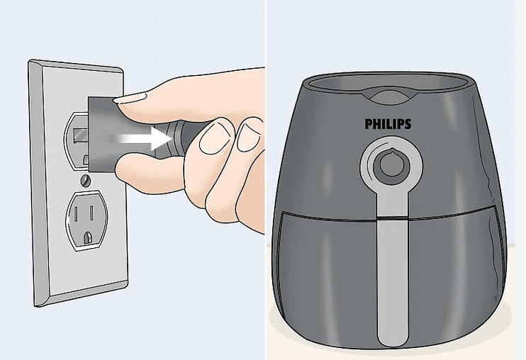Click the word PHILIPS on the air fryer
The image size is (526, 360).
tap(388, 124)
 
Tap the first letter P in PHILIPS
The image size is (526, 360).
tap(368, 124)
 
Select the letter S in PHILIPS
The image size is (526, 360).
tap(408, 124)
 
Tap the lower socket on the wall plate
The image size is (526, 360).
tap(87, 219)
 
